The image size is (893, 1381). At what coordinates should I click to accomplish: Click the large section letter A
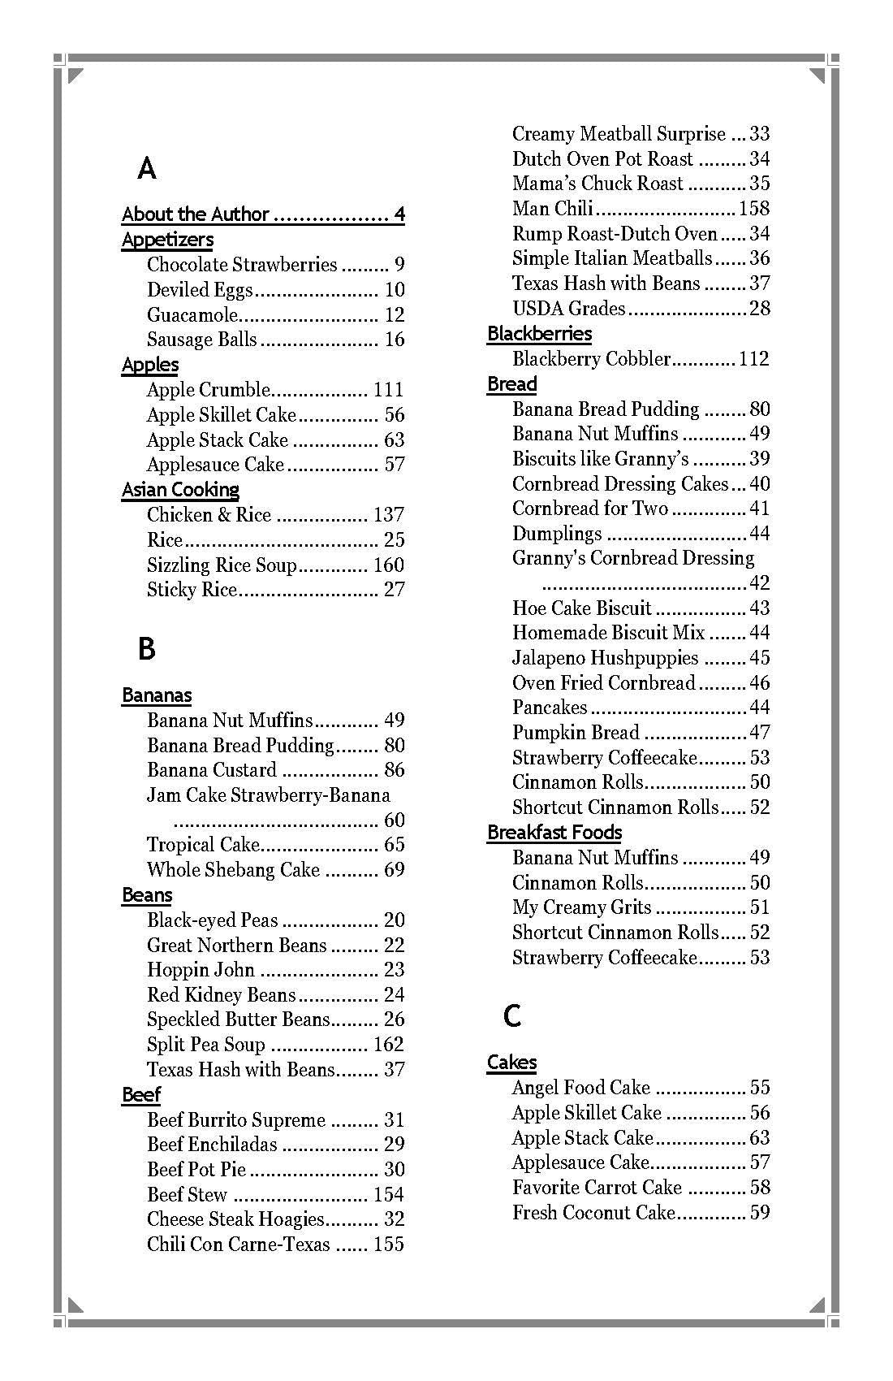(147, 169)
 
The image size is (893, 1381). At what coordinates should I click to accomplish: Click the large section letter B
(146, 649)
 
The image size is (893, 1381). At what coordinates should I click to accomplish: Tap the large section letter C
(511, 1015)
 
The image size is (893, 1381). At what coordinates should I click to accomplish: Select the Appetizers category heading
(167, 240)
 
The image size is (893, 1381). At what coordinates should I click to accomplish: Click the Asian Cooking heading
(180, 490)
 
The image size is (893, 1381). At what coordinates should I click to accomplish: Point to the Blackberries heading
(539, 334)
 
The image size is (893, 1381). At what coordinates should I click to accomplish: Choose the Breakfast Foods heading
(554, 833)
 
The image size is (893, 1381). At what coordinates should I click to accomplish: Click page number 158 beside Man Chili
(753, 209)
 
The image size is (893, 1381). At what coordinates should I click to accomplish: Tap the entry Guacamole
(192, 315)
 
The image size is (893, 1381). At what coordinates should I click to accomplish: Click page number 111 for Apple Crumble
(388, 390)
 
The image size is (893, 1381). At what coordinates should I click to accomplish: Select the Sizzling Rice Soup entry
(222, 565)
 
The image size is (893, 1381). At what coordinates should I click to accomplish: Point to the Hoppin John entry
(201, 970)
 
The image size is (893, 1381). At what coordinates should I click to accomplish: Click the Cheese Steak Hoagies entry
(235, 1219)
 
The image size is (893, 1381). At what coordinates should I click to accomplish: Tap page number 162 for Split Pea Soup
(388, 1045)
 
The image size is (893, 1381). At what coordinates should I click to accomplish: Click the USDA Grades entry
(568, 309)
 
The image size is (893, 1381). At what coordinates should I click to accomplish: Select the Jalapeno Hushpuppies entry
(605, 658)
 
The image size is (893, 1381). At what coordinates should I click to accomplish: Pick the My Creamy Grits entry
(581, 907)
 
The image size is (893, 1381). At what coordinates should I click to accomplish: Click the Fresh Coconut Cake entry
(593, 1213)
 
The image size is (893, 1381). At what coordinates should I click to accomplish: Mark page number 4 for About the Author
(399, 214)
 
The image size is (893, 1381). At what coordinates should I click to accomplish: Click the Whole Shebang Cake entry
(233, 870)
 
